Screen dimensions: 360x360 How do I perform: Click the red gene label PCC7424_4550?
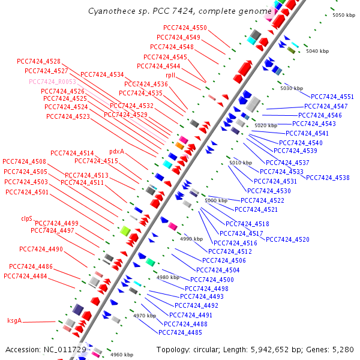coord(185,28)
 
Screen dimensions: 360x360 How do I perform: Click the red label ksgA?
coord(14,320)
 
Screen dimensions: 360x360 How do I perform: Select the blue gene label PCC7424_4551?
coord(332,97)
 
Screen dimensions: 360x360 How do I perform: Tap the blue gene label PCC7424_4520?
coord(288,239)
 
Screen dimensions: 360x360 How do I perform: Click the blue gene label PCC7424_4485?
coord(180,332)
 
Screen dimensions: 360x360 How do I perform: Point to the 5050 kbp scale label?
coord(344,15)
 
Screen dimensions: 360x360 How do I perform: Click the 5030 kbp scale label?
coord(292,88)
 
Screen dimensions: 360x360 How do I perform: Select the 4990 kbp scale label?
coord(193,239)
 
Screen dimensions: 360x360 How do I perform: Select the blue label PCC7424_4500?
coord(212,280)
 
